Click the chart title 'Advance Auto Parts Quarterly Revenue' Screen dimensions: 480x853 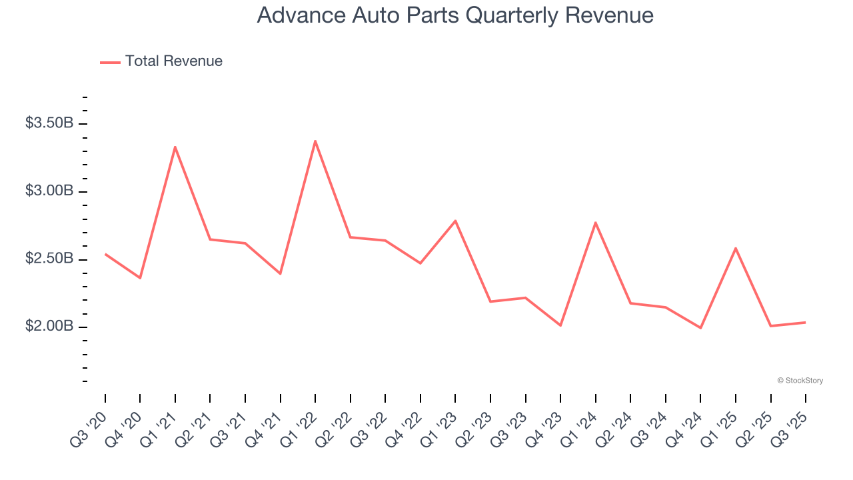point(455,15)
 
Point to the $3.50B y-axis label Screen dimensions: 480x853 point(49,123)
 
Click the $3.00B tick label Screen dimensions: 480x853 point(49,191)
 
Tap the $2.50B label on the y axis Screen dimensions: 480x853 point(49,259)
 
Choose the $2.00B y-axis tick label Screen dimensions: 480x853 point(49,327)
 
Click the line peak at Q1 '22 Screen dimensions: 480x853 point(315,141)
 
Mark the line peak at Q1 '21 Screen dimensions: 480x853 point(175,147)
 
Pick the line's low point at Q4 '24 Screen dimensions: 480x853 point(700,328)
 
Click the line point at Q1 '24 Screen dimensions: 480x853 point(595,222)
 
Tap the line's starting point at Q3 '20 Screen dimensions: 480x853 point(105,254)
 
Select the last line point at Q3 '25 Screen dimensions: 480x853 point(805,323)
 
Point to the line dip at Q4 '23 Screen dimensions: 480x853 point(560,325)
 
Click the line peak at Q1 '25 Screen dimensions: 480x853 point(735,248)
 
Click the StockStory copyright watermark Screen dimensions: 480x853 point(800,381)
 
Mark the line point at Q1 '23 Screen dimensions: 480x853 point(455,221)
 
